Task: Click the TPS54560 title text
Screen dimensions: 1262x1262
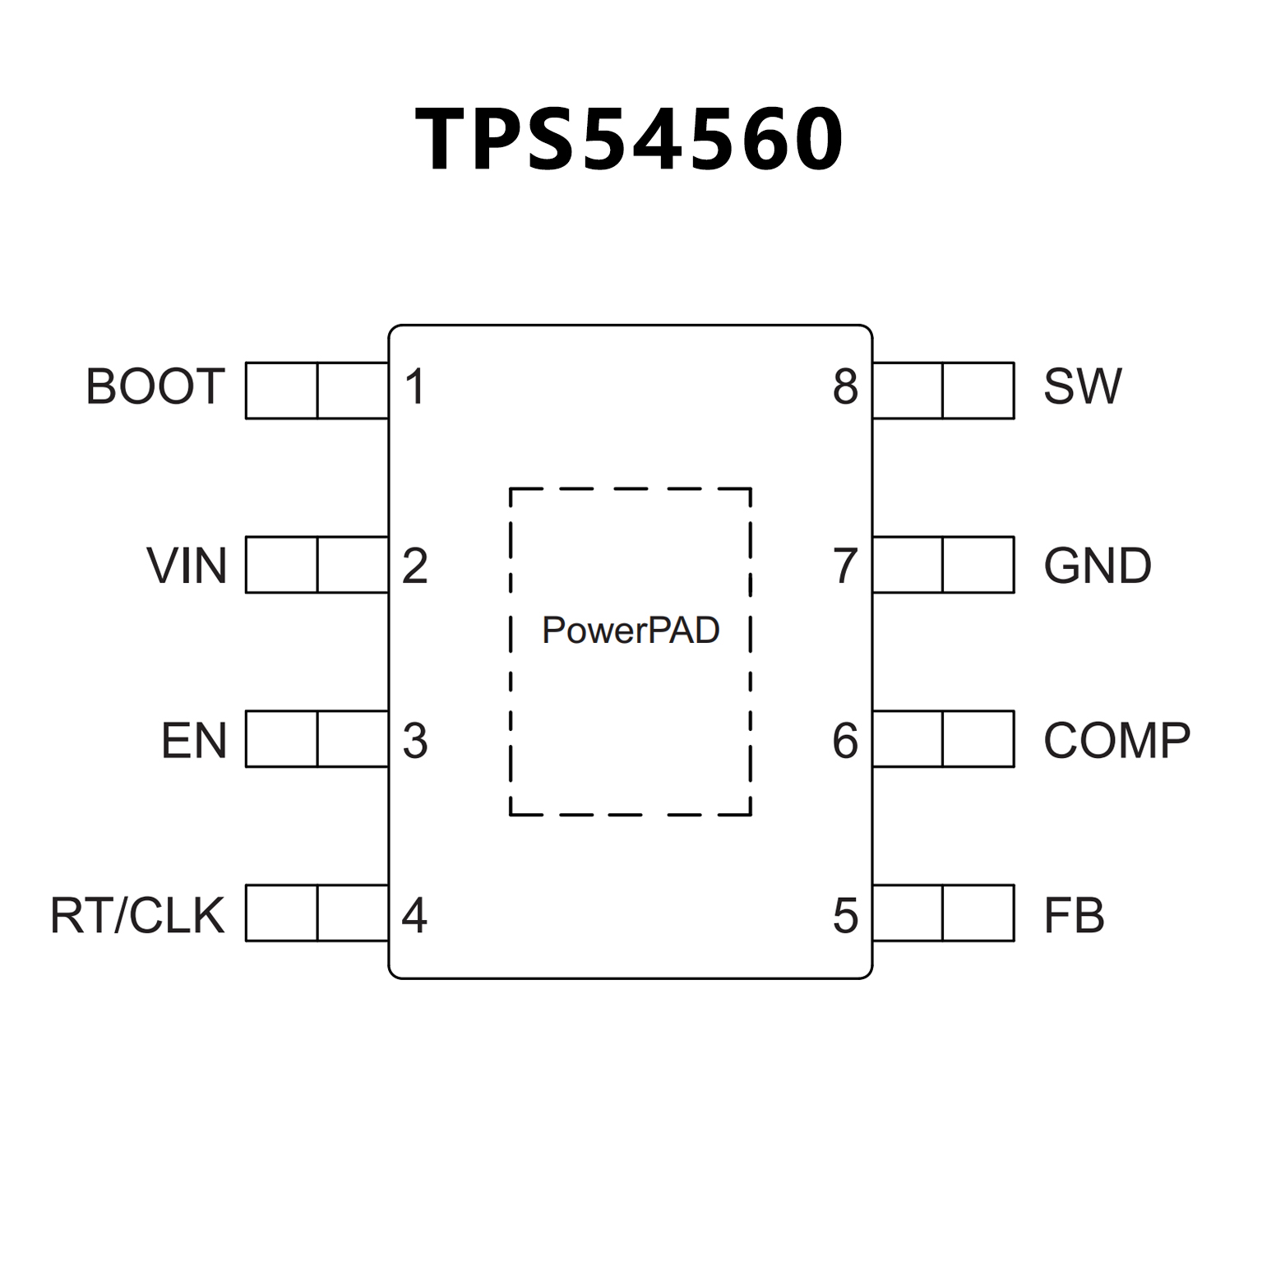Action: coord(630,140)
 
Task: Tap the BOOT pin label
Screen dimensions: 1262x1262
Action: coord(155,386)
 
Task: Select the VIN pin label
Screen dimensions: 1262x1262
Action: coord(187,566)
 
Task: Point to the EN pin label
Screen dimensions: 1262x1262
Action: coord(193,740)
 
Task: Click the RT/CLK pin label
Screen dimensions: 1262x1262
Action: coord(137,915)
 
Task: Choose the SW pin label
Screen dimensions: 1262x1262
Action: coord(1082,386)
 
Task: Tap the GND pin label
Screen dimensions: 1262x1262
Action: coord(1098,566)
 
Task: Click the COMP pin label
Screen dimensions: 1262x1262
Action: coord(1116,740)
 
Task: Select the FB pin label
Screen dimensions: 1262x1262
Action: coord(1074,915)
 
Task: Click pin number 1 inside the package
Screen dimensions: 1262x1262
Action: coord(415,386)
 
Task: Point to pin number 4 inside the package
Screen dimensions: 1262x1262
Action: coord(414,915)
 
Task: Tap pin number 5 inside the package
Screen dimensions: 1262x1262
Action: coord(845,915)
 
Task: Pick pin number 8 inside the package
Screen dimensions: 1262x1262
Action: coord(845,386)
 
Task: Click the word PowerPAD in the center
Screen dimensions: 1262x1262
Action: coord(631,631)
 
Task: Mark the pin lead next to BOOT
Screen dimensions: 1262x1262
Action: coord(317,391)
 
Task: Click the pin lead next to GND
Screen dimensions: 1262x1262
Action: coord(943,565)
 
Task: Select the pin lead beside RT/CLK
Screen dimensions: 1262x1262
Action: coord(317,913)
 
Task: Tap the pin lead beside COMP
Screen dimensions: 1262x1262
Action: coord(943,739)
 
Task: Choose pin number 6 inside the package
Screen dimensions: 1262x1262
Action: coord(845,740)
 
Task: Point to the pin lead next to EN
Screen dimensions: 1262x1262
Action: coord(317,739)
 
